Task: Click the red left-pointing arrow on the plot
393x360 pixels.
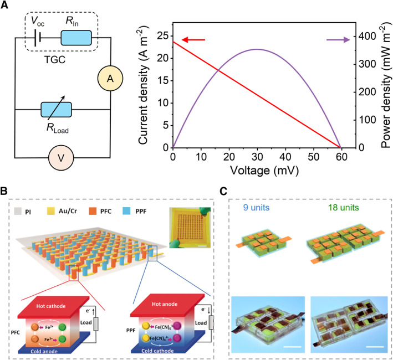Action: (x=193, y=40)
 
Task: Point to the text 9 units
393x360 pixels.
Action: (x=265, y=208)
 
